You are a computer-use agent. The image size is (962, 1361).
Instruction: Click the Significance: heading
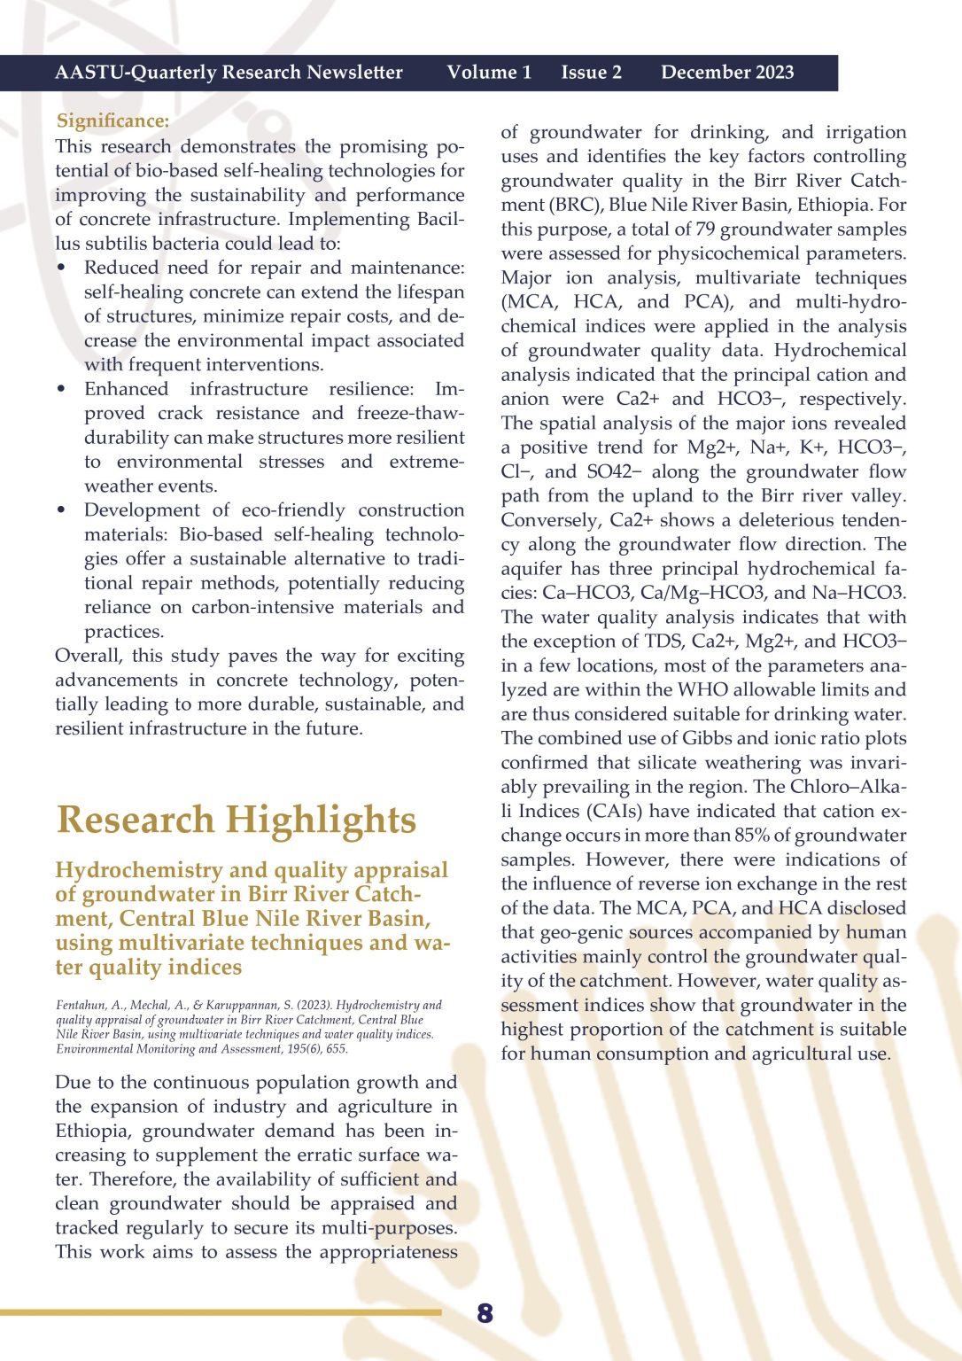[x=112, y=121]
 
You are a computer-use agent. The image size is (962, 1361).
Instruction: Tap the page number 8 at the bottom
[x=485, y=1312]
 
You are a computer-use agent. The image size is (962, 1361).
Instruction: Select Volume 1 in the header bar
[x=489, y=73]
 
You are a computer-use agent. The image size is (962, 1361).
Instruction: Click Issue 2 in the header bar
[x=591, y=73]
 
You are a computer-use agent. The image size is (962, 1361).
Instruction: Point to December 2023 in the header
[x=727, y=73]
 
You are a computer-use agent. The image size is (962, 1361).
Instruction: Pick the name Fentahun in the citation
[x=82, y=1006]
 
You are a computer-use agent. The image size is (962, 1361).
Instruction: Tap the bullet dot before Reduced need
[x=61, y=268]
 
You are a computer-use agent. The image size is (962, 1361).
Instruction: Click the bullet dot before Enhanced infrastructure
[x=61, y=389]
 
